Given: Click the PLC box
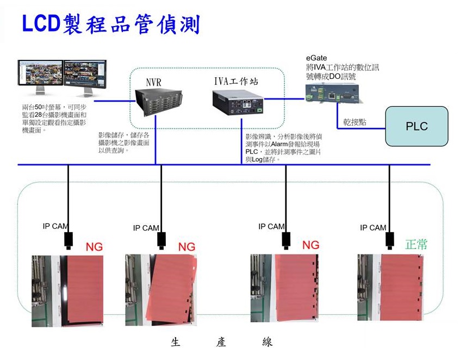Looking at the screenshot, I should click(417, 126).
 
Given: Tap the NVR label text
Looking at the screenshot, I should click(154, 82).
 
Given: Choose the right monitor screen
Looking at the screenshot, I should click(87, 73).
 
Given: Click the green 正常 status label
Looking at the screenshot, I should click(416, 244).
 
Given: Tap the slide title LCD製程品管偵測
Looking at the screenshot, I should click(110, 24).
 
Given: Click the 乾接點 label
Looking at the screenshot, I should click(355, 122).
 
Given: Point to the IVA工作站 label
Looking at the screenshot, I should click(235, 82).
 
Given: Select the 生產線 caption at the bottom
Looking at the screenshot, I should click(221, 342).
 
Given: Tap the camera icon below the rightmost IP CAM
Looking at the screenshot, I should click(389, 239).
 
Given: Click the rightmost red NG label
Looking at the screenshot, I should click(310, 245).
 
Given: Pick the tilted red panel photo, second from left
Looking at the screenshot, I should click(160, 290).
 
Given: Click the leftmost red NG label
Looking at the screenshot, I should click(94, 247).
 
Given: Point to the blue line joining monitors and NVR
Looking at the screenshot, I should click(114, 100).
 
